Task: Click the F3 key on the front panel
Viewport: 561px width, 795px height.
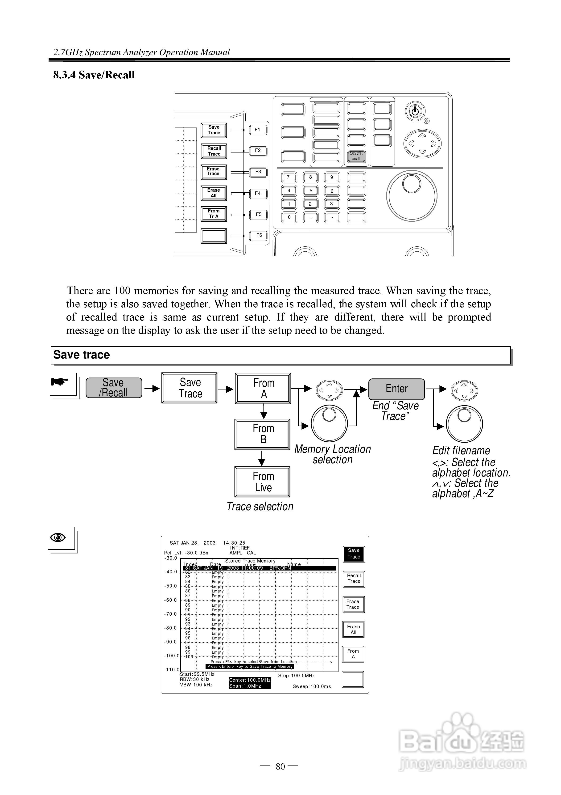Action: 258,172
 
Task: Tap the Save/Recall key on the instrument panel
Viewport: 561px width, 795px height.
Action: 356,156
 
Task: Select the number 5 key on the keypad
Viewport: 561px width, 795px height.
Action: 311,191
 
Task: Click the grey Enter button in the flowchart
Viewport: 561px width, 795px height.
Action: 396,389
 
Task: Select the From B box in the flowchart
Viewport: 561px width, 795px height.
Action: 263,434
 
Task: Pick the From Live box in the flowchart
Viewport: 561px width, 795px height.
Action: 263,482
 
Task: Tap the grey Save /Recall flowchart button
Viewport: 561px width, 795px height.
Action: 114,388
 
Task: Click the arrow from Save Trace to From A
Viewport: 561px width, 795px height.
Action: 226,389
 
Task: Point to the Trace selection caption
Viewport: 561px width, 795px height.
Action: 260,507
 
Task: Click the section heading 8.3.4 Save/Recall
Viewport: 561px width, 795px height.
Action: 94,75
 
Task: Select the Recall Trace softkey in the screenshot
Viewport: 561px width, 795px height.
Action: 354,579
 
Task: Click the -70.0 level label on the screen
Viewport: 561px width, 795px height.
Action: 170,614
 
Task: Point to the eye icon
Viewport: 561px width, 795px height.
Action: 58,537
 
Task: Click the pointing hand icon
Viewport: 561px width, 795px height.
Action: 59,382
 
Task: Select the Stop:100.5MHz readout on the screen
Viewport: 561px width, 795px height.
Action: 296,676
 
